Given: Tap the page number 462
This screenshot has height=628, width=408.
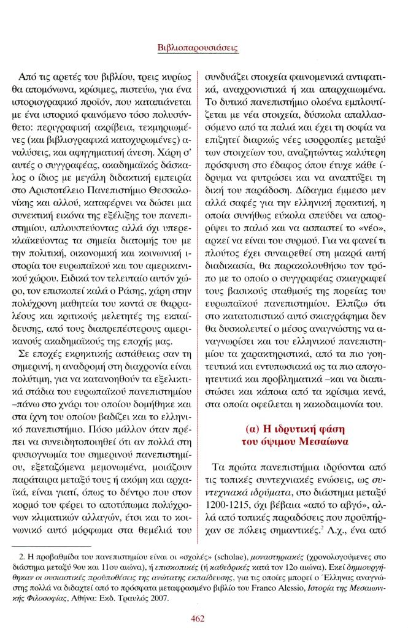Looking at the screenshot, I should tap(198, 618).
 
